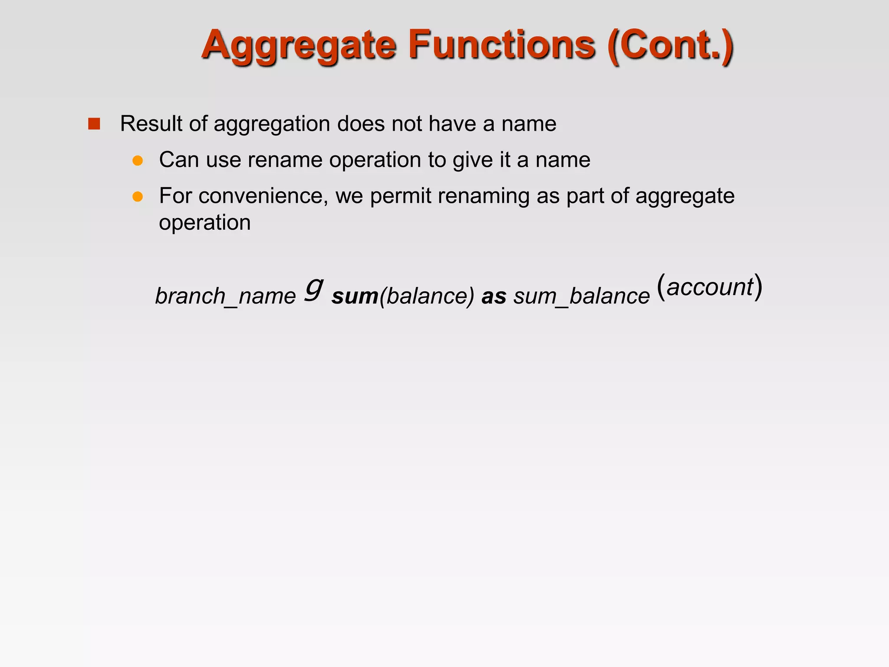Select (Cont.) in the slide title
click(x=671, y=46)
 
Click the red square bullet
click(x=94, y=124)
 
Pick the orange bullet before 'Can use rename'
click(x=138, y=161)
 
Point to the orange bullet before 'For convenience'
click(x=138, y=197)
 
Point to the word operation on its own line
click(x=205, y=223)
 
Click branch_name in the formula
click(x=225, y=296)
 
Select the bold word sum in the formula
click(x=355, y=296)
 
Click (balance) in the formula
click(x=427, y=296)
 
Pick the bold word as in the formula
click(x=494, y=296)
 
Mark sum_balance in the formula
click(x=582, y=296)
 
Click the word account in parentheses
click(x=710, y=287)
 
